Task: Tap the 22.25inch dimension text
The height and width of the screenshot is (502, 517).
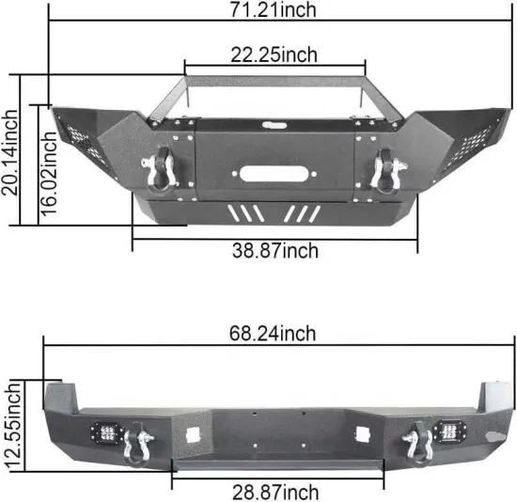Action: click(x=272, y=55)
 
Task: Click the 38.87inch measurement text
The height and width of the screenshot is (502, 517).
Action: click(x=274, y=251)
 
